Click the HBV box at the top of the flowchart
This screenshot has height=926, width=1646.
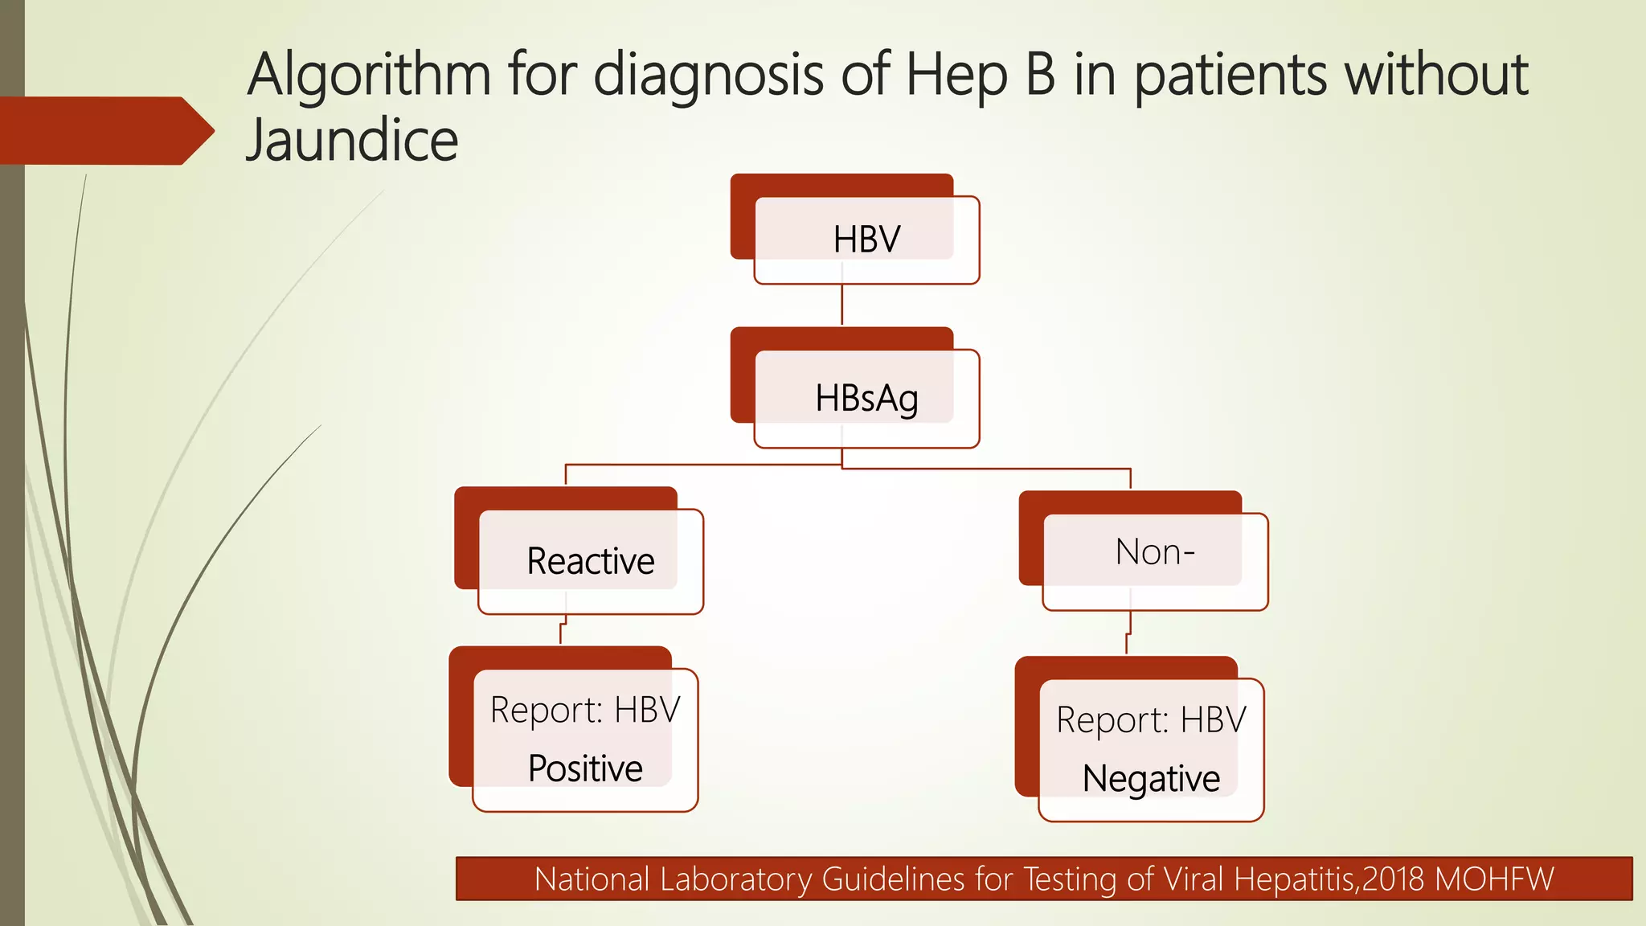pyautogui.click(x=866, y=240)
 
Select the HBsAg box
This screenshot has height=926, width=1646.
pyautogui.click(x=866, y=398)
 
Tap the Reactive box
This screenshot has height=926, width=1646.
pyautogui.click(x=590, y=561)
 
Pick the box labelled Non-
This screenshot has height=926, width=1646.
pyautogui.click(x=1155, y=553)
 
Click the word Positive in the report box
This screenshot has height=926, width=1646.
pyautogui.click(x=585, y=768)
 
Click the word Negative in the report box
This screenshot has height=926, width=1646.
pyautogui.click(x=1151, y=778)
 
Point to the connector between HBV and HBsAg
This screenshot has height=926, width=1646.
pyautogui.click(x=841, y=305)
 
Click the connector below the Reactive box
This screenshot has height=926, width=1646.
pyautogui.click(x=563, y=630)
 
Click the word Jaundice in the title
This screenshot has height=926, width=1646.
pyautogui.click(x=352, y=140)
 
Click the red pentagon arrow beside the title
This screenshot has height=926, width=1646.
pyautogui.click(x=104, y=130)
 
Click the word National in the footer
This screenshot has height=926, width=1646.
pyautogui.click(x=592, y=879)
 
